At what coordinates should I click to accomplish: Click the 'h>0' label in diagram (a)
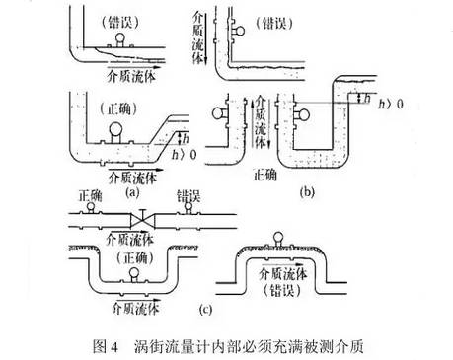pyautogui.click(x=173, y=153)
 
